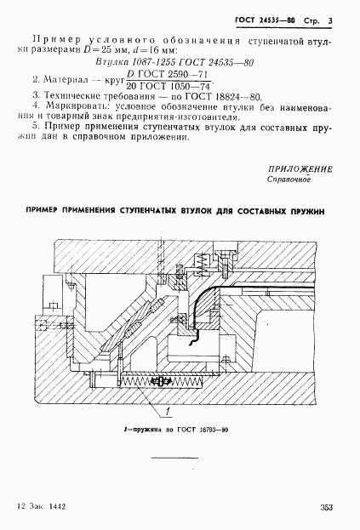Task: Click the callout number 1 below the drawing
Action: pyautogui.click(x=168, y=412)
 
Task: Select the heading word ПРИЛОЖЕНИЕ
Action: pyautogui.click(x=300, y=169)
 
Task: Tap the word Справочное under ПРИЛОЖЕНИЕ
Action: pyautogui.click(x=289, y=180)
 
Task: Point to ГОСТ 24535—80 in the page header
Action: pyautogui.click(x=265, y=20)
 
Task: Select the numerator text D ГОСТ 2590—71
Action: pyautogui.click(x=168, y=74)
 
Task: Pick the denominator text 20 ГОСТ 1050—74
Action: pyautogui.click(x=168, y=86)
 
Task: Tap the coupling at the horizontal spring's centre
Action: pyautogui.click(x=161, y=381)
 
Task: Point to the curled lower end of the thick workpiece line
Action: pyautogui.click(x=193, y=340)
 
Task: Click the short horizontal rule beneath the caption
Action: pyautogui.click(x=174, y=458)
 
